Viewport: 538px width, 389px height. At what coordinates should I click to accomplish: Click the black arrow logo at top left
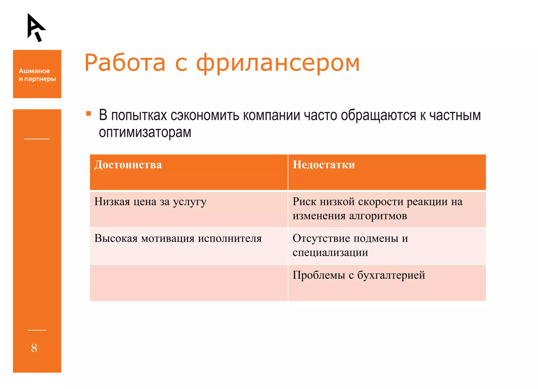point(36,27)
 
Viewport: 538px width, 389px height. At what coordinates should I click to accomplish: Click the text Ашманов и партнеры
point(37,75)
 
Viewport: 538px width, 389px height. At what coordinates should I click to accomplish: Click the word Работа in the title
point(125,63)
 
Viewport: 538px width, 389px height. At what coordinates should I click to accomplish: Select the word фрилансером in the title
point(278,63)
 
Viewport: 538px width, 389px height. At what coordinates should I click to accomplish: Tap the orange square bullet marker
point(89,114)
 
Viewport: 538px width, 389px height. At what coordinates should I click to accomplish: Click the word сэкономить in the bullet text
point(205,115)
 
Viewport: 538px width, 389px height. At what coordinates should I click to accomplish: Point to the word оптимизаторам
point(145,132)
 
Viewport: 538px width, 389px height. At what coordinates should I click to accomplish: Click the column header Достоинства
point(128,165)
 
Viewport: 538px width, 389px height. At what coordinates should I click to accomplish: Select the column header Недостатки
point(324,165)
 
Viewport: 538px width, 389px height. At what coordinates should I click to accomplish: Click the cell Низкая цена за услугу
point(150,202)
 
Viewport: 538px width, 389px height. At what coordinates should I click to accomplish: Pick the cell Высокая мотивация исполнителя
point(178,239)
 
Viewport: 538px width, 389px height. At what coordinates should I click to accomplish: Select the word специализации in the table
point(330,253)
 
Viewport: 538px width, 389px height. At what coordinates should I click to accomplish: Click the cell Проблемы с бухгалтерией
point(359,275)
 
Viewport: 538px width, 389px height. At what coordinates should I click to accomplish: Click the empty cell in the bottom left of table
point(189,283)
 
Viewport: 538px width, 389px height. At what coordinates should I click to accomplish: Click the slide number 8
point(34,348)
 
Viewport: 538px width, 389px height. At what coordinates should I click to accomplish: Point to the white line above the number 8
point(37,330)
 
